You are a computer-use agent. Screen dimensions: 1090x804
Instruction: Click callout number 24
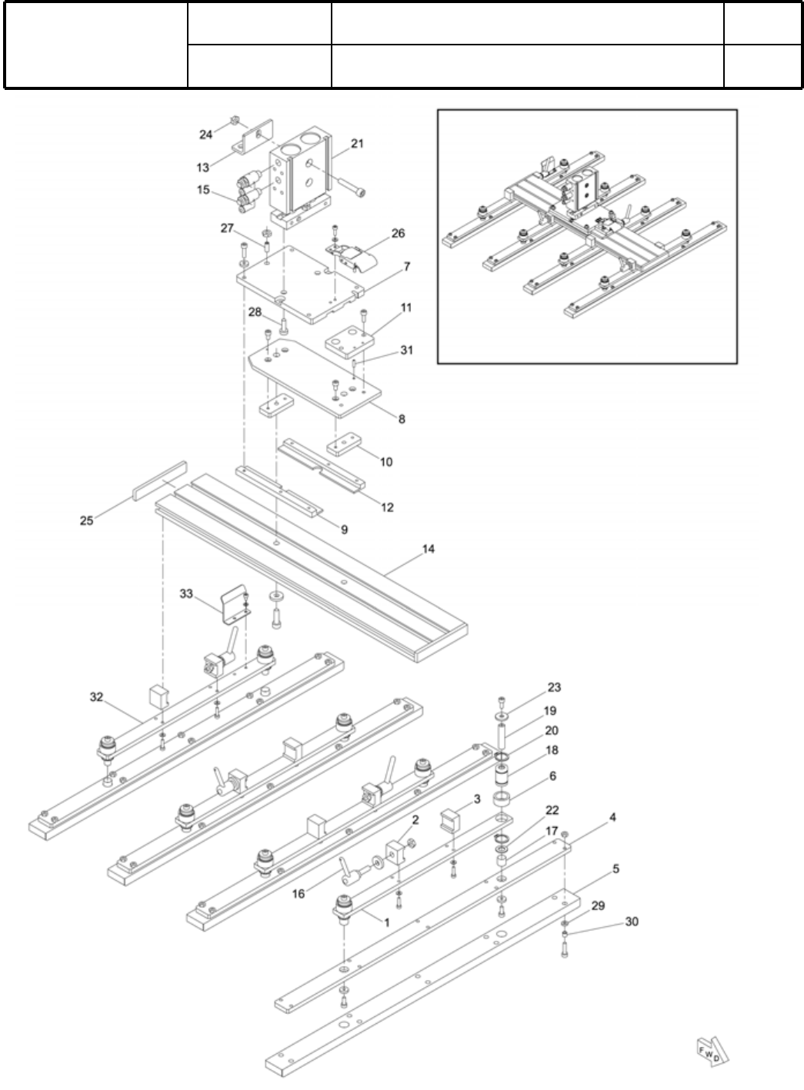tap(205, 135)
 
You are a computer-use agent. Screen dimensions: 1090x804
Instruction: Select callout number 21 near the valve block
tap(358, 144)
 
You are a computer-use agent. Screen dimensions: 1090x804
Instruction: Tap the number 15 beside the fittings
tap(203, 189)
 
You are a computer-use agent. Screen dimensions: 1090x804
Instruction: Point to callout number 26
tap(398, 233)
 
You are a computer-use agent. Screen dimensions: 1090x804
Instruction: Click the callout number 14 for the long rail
tap(429, 549)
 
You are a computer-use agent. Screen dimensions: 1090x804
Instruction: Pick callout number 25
tap(86, 520)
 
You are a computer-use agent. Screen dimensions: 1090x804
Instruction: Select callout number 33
tap(186, 593)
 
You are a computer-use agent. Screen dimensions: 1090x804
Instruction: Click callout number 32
tap(95, 697)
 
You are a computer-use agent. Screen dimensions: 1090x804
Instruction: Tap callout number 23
tap(554, 687)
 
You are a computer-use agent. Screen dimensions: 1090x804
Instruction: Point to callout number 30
tap(631, 921)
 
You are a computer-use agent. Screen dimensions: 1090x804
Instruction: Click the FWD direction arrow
tap(709, 1050)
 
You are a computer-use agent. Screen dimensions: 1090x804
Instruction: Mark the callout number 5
tap(616, 869)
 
